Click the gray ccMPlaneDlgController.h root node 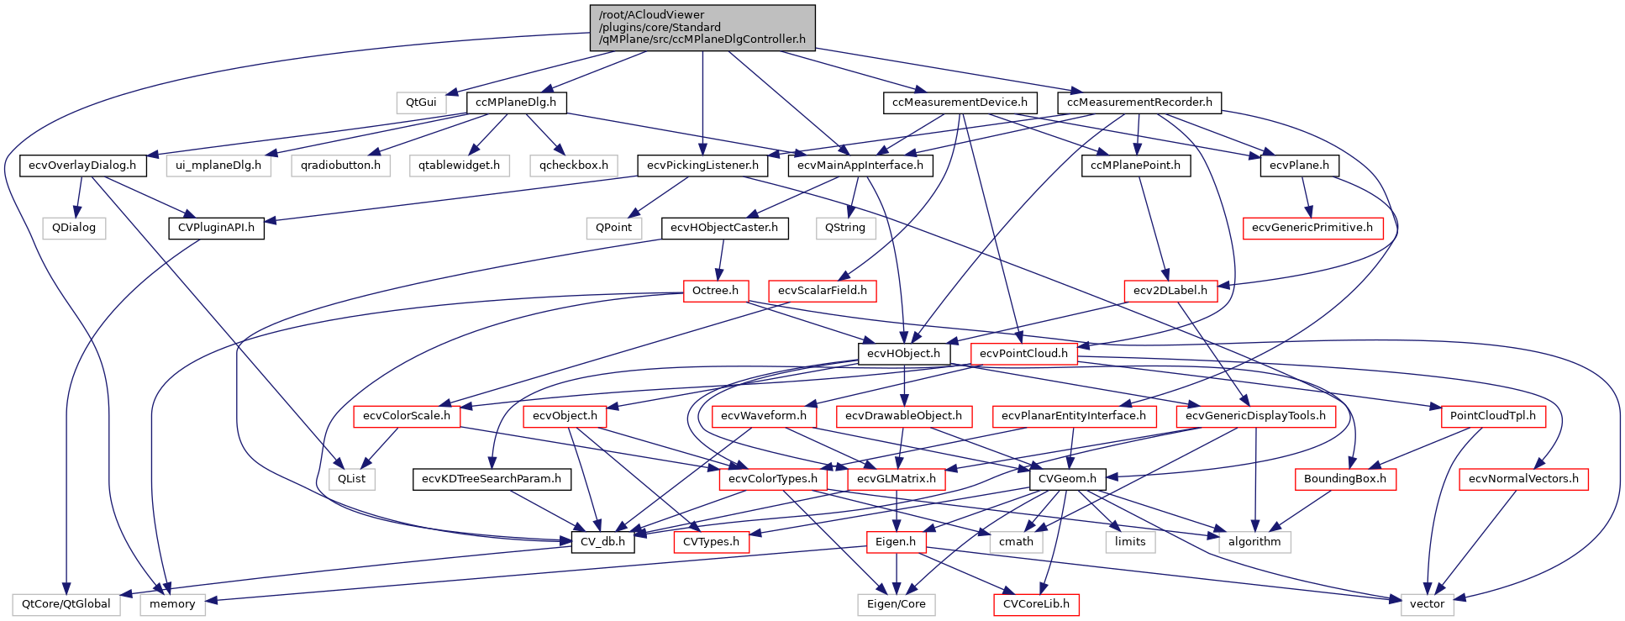pos(702,28)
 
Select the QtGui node pos(421,103)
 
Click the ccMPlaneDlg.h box pos(516,103)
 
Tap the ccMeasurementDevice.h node pos(960,103)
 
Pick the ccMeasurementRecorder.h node pos(1139,103)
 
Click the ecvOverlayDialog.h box pos(82,166)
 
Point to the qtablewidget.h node pos(460,166)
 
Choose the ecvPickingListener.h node pos(702,166)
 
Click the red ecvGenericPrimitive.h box pos(1312,228)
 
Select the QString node pos(845,228)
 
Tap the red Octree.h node pos(715,291)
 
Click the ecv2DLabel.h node pos(1170,291)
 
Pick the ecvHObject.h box pos(903,354)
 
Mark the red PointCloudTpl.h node pos(1492,416)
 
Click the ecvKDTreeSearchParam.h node pos(492,479)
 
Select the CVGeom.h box pos(1067,479)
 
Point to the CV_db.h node pos(602,542)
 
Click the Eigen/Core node pos(896,604)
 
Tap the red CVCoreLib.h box pos(1036,604)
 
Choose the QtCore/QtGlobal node pos(66,604)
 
